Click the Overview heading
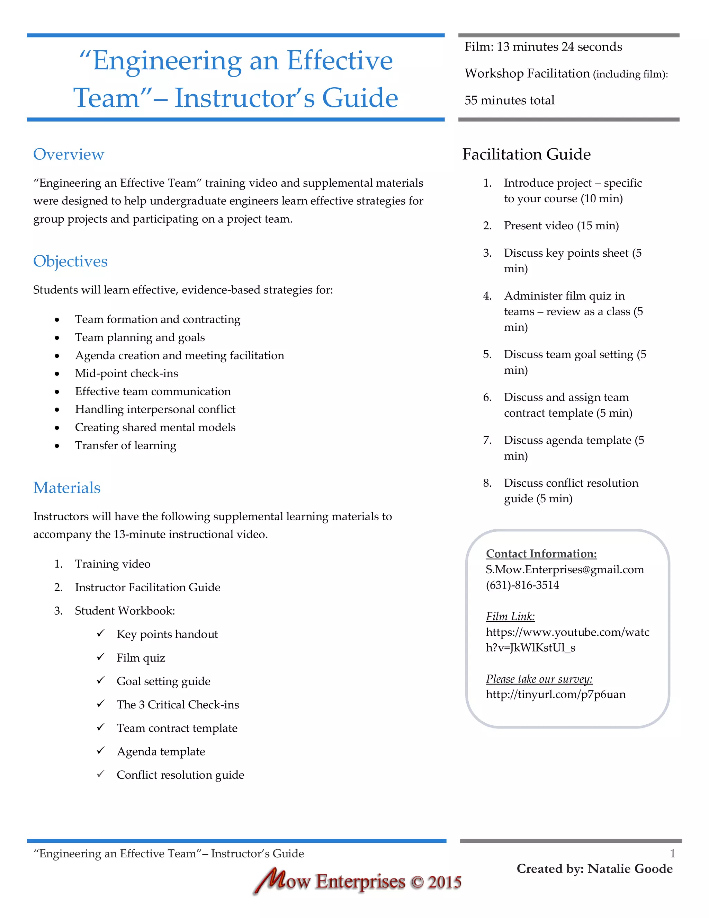tap(69, 154)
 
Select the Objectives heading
tap(70, 261)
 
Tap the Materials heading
tap(67, 488)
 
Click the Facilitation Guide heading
tap(526, 154)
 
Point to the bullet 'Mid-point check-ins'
tap(126, 373)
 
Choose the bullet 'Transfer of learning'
tap(126, 445)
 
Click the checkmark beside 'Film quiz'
tap(100, 657)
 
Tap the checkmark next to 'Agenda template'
tap(100, 751)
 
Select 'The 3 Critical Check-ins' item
tap(178, 705)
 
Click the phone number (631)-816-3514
tap(522, 585)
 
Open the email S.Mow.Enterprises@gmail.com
tap(565, 570)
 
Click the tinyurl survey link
tap(555, 694)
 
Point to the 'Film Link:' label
tap(510, 616)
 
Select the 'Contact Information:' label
tap(541, 554)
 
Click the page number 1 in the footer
tap(672, 853)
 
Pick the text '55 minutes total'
tap(509, 100)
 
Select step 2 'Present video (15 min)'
tap(561, 226)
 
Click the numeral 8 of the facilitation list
tap(487, 483)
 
